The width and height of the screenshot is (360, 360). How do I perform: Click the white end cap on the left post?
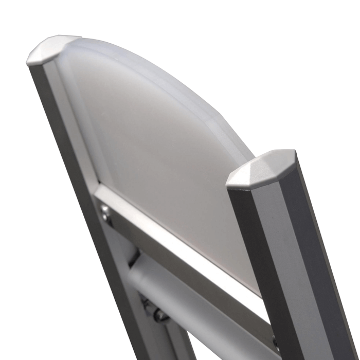(x=51, y=49)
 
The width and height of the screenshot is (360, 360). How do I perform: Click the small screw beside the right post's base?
(x=276, y=343)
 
